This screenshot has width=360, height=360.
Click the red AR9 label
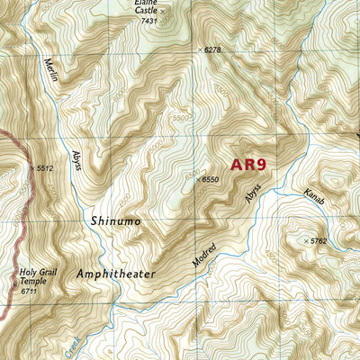[x=248, y=165]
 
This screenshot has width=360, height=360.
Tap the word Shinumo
[x=116, y=220]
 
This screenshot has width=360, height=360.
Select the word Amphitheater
[x=116, y=273]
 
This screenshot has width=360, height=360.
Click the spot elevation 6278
[x=212, y=49]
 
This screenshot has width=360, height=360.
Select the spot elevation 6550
[x=210, y=180]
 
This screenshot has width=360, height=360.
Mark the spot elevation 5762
[x=319, y=241]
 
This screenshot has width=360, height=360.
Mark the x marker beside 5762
[x=306, y=241]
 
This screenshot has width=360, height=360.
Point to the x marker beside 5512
[x=31, y=167]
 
